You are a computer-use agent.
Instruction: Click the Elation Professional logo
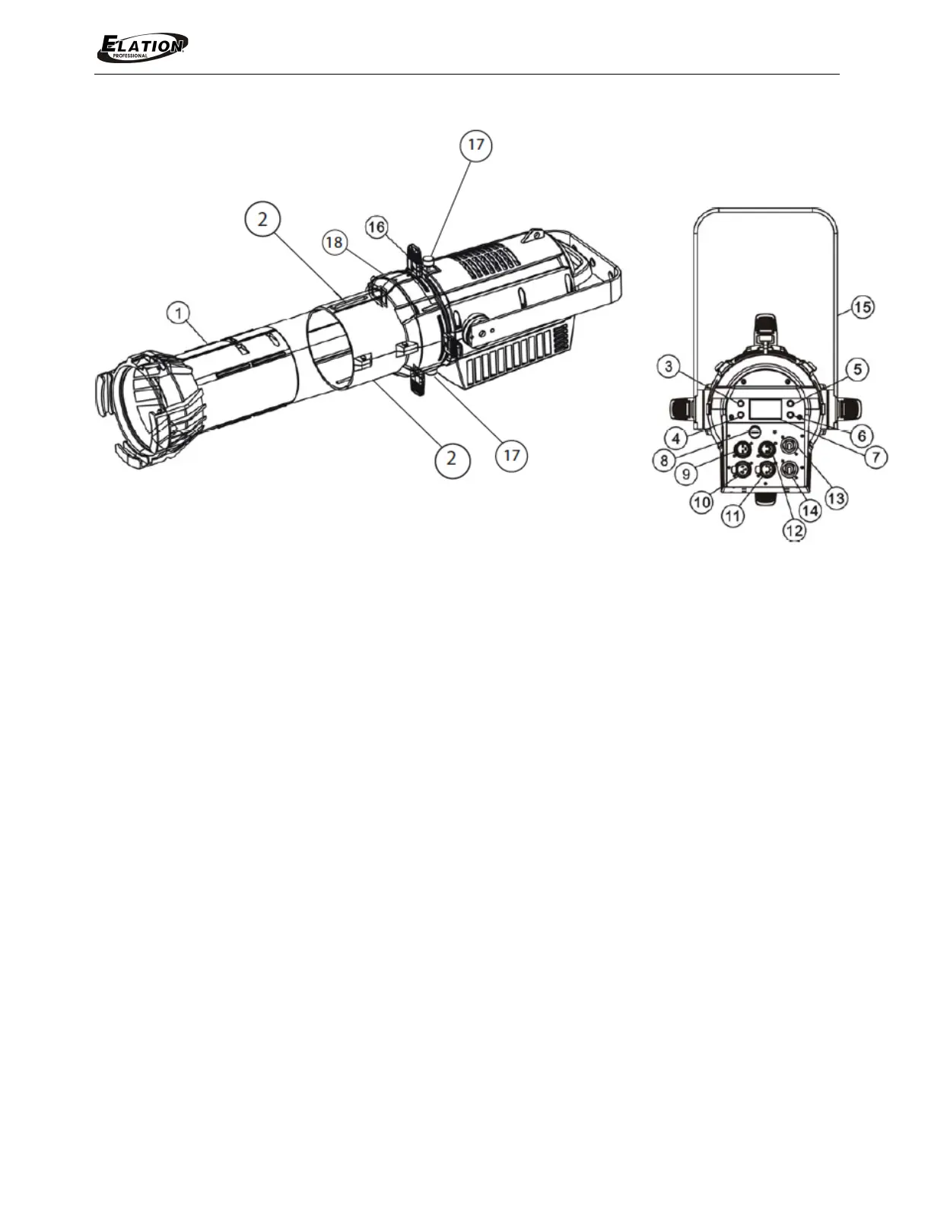(x=142, y=47)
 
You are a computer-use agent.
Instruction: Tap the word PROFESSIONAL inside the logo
(x=130, y=56)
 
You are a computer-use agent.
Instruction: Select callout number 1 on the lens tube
(x=179, y=314)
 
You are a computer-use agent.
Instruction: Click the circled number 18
(x=335, y=243)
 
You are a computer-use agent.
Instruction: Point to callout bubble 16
(x=377, y=227)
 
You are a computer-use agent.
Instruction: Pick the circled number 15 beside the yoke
(x=863, y=307)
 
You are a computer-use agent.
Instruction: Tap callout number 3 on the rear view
(x=669, y=367)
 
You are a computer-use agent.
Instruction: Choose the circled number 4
(x=676, y=439)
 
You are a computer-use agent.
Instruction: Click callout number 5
(x=858, y=369)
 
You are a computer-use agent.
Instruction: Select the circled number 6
(x=862, y=436)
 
